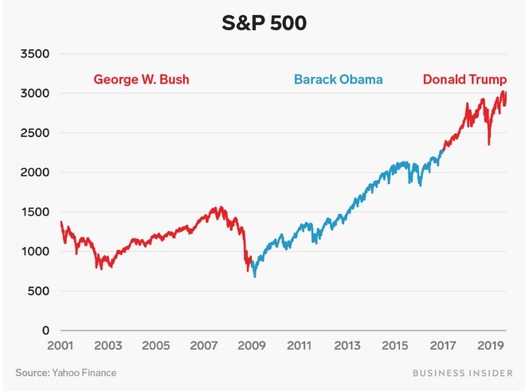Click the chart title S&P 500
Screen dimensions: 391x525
click(262, 25)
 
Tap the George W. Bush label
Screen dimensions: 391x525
click(141, 80)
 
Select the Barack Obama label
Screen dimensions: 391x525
click(338, 80)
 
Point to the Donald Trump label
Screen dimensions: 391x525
click(464, 80)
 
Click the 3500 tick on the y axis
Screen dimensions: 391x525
click(34, 54)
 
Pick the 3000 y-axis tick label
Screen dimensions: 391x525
click(34, 94)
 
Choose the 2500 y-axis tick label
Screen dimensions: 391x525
click(34, 133)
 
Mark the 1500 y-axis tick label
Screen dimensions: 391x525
click(34, 212)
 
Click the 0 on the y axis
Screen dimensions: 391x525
click(45, 330)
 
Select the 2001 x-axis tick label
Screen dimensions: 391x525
click(61, 346)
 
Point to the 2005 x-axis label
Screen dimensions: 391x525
click(155, 346)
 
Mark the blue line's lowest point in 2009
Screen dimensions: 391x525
click(254, 276)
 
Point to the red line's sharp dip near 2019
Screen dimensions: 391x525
click(489, 144)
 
